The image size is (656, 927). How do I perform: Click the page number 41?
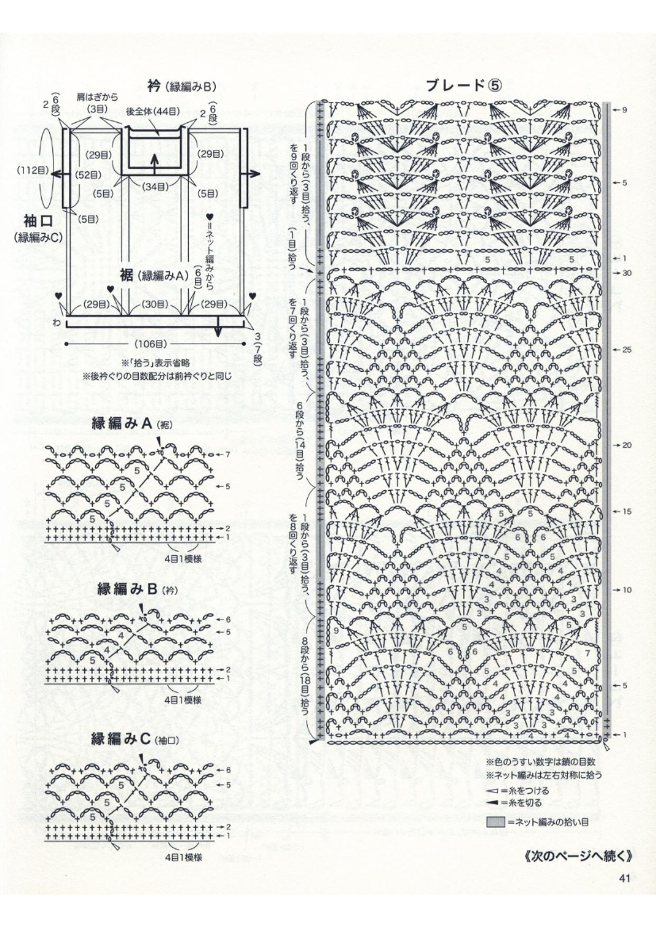click(624, 877)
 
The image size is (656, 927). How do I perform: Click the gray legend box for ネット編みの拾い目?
click(496, 822)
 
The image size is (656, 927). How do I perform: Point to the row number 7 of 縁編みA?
click(226, 455)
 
